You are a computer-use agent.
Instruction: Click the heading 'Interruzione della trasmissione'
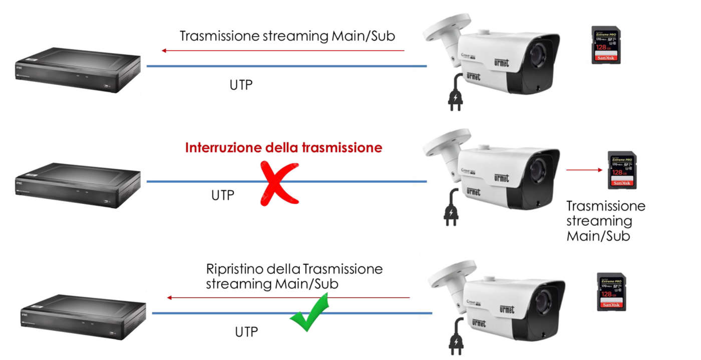coord(283,148)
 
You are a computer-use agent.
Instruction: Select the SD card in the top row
coord(606,45)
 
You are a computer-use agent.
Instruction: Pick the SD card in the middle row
coord(622,170)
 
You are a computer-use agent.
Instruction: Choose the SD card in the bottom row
coord(611,292)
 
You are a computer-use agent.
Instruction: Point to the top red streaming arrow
coord(283,51)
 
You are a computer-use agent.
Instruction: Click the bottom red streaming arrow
coord(288,297)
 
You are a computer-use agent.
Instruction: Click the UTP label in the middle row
coord(222,195)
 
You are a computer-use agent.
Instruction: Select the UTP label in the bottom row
coord(246,331)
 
